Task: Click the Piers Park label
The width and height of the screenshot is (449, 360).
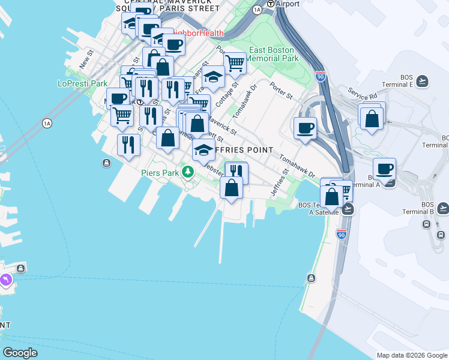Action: [x=160, y=173]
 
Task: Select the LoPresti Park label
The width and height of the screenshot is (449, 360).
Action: [x=82, y=83]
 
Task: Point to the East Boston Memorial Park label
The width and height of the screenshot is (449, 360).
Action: [x=274, y=55]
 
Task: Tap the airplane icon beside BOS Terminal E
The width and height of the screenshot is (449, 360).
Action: [x=423, y=81]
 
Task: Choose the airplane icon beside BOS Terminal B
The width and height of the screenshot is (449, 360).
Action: [x=443, y=208]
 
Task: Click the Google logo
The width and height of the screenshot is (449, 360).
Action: [x=20, y=353]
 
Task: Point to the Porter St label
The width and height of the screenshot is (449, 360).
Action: [x=281, y=91]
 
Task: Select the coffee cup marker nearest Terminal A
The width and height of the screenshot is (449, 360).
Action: [x=384, y=169]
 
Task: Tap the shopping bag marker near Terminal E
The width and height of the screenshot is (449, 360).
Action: [x=372, y=118]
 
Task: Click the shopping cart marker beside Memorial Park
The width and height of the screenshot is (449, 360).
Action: [x=235, y=62]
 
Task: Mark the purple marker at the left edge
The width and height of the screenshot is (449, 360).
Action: [x=5, y=280]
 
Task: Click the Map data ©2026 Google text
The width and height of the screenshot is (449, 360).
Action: [x=412, y=355]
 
